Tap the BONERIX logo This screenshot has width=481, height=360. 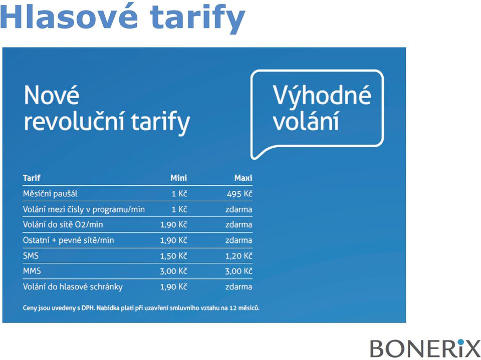tap(425, 348)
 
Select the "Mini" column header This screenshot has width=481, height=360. tap(178, 178)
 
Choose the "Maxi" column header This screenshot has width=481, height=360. tap(244, 178)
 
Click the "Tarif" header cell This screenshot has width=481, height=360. tap(32, 178)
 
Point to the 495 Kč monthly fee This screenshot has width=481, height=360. tap(239, 194)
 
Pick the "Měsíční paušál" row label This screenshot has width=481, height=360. tap(50, 194)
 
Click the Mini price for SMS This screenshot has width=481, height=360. tap(174, 256)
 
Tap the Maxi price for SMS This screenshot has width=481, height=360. tap(238, 256)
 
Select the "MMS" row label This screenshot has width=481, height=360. tap(32, 271)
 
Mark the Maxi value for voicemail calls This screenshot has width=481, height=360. tap(238, 287)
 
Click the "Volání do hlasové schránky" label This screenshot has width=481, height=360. tap(73, 287)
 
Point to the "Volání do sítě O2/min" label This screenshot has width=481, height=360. tap(63, 224)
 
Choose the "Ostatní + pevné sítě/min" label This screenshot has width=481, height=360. tap(69, 240)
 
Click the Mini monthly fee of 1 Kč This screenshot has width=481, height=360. tap(179, 194)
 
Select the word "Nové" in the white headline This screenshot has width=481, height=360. tap(52, 95)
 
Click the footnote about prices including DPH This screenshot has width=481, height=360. tap(141, 308)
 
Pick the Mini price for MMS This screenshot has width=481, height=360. tap(174, 271)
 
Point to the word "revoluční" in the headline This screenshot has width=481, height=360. tap(74, 121)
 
